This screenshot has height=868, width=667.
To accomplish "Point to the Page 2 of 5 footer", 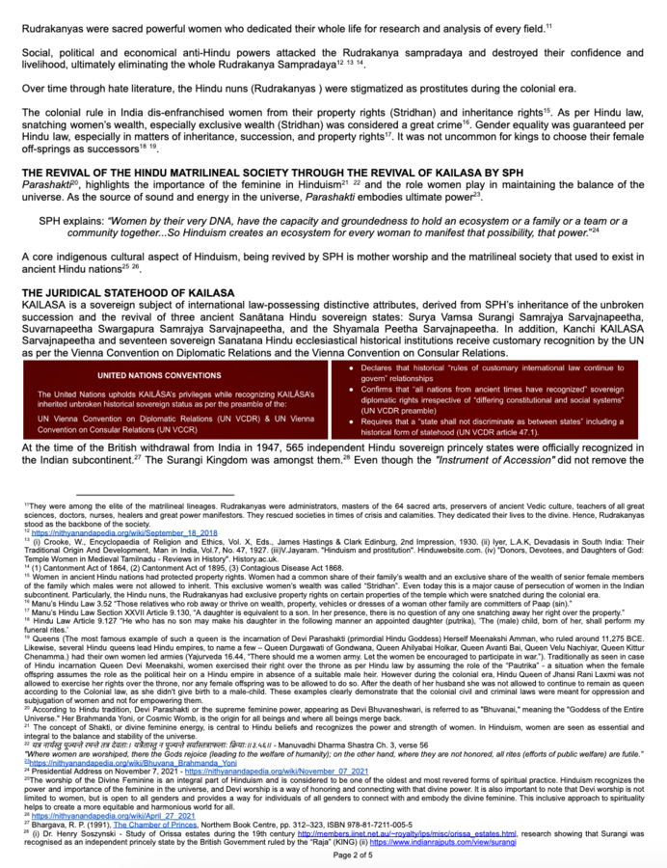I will pyautogui.click(x=333, y=854).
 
